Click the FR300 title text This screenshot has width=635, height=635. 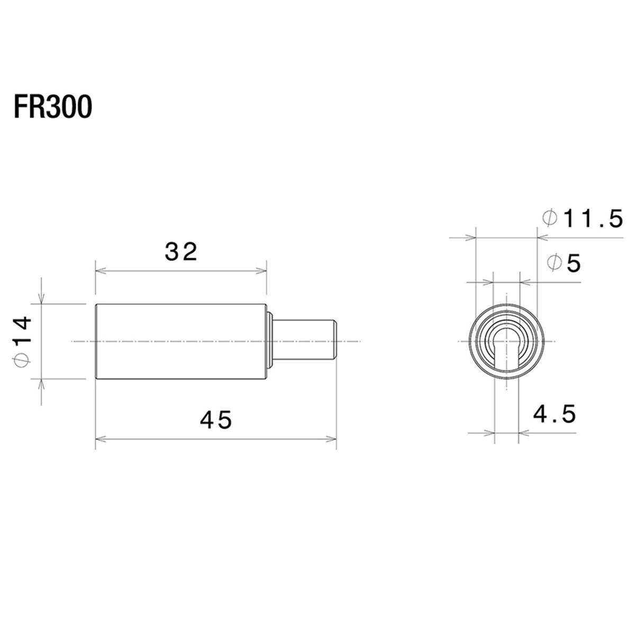53,107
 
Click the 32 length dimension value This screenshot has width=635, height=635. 181,252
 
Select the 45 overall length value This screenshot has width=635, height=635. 216,420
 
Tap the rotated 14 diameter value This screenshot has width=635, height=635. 23,330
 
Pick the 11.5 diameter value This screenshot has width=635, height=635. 594,218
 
